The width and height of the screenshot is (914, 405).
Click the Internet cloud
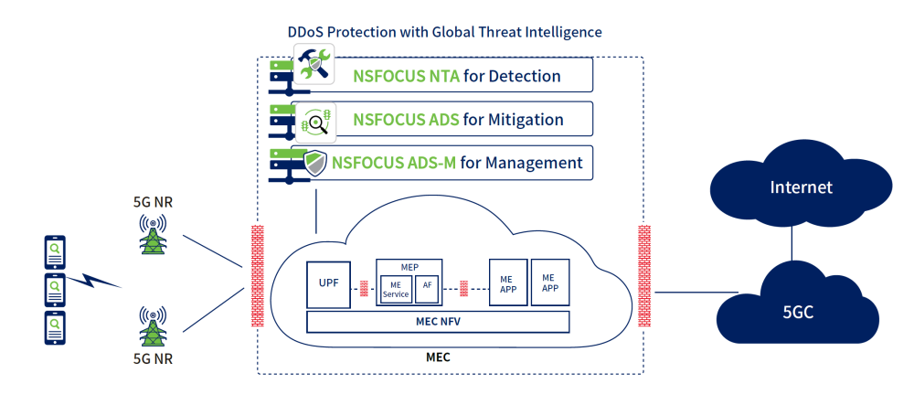point(801,188)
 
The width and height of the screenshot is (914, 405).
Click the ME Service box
point(396,290)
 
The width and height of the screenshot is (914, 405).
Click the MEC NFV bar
point(437,322)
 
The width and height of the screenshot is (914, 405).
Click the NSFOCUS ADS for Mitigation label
point(457,120)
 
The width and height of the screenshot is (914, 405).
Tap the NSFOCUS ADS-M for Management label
point(457,164)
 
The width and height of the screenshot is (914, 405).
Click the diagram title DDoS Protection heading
point(444,32)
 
